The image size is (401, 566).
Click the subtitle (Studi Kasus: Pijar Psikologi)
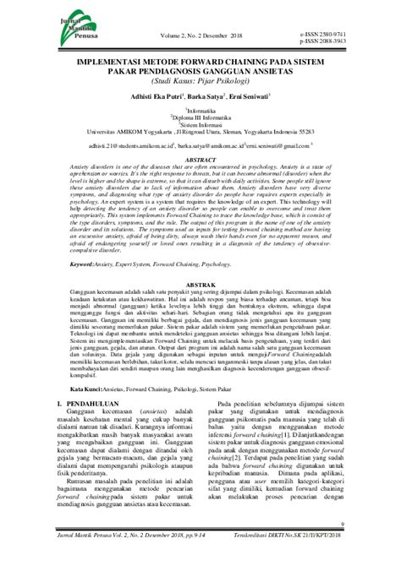point(200,83)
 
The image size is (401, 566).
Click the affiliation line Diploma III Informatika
point(200,120)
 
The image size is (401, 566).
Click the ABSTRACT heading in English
point(200,158)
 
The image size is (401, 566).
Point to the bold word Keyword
point(86,240)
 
